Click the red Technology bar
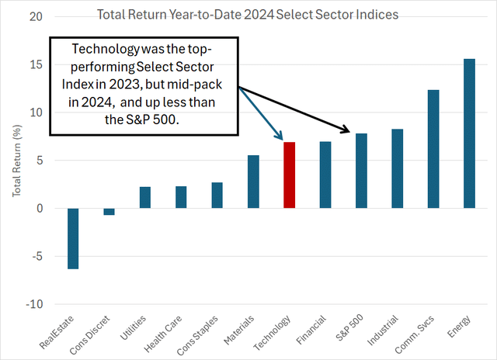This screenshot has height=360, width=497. click(x=289, y=175)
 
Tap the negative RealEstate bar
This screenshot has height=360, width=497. click(x=73, y=238)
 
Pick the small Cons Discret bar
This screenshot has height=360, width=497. click(x=109, y=212)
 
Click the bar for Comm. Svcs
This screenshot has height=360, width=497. click(x=433, y=149)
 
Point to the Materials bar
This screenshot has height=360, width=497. click(x=253, y=182)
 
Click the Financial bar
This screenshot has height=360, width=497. click(x=325, y=175)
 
